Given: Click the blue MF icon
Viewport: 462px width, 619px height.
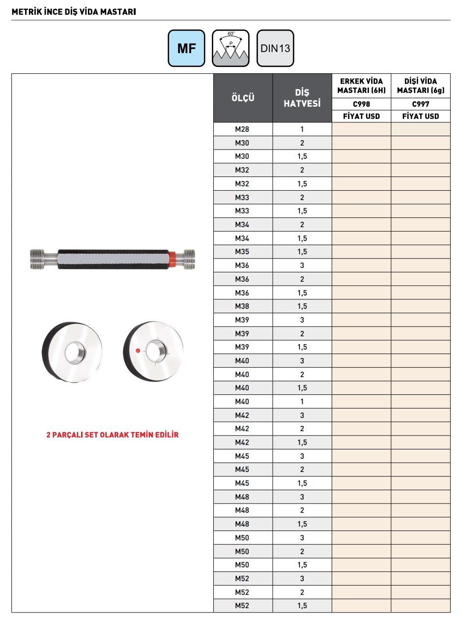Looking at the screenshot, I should tap(186, 48).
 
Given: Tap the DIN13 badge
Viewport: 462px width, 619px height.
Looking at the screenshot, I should tap(275, 48).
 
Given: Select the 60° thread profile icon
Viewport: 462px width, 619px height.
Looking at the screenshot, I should tap(231, 48).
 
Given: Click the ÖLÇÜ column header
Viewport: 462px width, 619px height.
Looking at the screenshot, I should tap(243, 97).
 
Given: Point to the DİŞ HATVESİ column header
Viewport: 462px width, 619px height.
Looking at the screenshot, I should tap(302, 98).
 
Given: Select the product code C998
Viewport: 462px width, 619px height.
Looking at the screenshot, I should tap(361, 104).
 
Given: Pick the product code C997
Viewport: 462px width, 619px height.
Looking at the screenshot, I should tap(421, 104).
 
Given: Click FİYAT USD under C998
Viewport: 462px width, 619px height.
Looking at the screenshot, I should tap(361, 117).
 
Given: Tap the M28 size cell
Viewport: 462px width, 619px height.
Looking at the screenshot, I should tap(242, 129).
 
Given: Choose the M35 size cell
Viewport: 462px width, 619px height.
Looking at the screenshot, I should tap(242, 252).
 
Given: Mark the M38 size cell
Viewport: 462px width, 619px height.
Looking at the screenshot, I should tap(242, 306).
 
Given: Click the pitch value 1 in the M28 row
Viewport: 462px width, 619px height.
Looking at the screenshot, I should tap(302, 129).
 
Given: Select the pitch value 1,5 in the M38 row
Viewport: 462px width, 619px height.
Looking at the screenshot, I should tap(302, 306).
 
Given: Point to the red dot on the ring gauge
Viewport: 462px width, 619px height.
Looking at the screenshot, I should tap(138, 351).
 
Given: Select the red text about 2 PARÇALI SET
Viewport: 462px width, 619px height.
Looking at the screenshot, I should tap(113, 435).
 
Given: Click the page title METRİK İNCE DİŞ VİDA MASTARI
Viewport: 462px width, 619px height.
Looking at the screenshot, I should tap(73, 11).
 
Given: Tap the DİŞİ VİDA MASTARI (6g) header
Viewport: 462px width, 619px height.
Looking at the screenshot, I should tap(421, 86).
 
